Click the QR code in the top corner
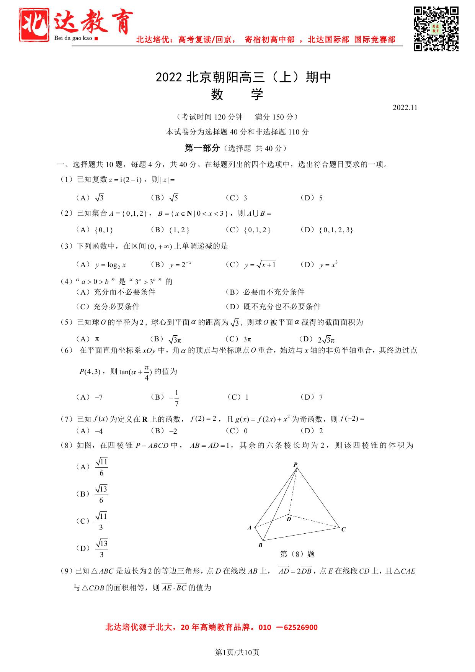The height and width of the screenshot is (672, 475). pyautogui.click(x=436, y=28)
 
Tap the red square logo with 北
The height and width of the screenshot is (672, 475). pyautogui.click(x=34, y=25)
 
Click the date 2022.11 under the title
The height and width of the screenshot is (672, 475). pyautogui.click(x=405, y=108)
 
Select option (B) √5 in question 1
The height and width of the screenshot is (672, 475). pyautogui.click(x=165, y=198)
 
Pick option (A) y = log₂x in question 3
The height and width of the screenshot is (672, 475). pyautogui.click(x=102, y=265)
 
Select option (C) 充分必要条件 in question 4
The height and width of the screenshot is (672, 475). pyautogui.click(x=108, y=306)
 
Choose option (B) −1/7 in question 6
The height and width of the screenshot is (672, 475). pyautogui.click(x=165, y=398)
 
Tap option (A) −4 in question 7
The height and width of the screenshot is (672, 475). pyautogui.click(x=90, y=431)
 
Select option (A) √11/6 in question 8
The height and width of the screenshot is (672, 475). pyautogui.click(x=92, y=467)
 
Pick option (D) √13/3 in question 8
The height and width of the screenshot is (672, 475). pyautogui.click(x=92, y=549)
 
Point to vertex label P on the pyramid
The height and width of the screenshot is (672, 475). pyautogui.click(x=295, y=465)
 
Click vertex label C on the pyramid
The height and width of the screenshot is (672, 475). pyautogui.click(x=343, y=529)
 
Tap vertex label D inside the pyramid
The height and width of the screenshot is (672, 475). pyautogui.click(x=289, y=519)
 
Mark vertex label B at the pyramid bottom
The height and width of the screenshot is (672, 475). pyautogui.click(x=260, y=545)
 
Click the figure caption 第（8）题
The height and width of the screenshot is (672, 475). pyautogui.click(x=297, y=554)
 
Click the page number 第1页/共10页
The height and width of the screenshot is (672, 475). pyautogui.click(x=237, y=652)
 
